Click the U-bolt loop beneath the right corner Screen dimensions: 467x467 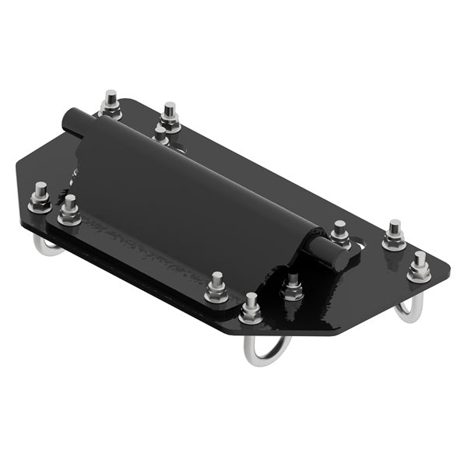pyautogui.click(x=409, y=310)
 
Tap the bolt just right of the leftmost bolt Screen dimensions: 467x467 pyautogui.click(x=69, y=211)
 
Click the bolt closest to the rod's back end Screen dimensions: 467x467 pyautogui.click(x=111, y=105)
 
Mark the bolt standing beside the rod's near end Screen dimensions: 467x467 pyautogui.click(x=339, y=233)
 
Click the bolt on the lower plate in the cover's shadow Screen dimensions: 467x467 pyautogui.click(x=293, y=287)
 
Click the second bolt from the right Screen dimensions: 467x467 pyautogui.click(x=394, y=235)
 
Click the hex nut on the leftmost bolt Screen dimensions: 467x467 pyautogui.click(x=40, y=205)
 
